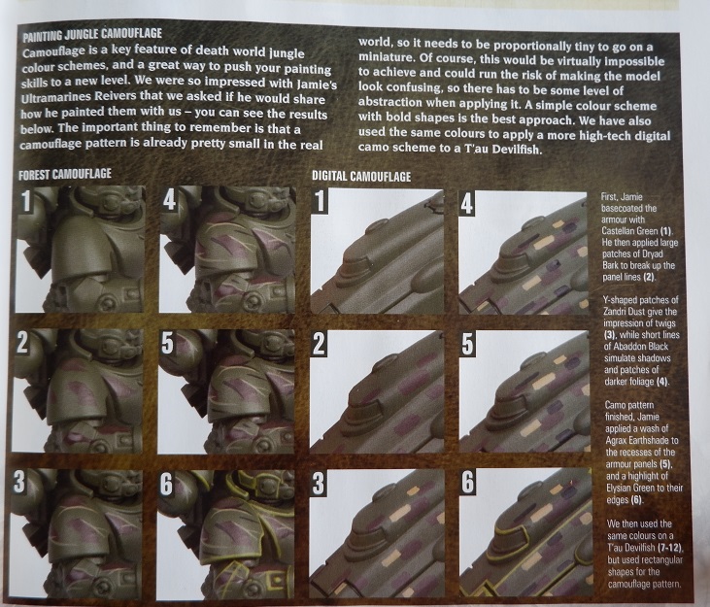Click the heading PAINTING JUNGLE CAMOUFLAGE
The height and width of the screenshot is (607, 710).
[x=92, y=34]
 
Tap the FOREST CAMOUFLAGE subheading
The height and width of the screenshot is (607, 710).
[x=65, y=174]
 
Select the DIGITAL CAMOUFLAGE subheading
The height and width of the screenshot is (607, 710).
[x=361, y=176]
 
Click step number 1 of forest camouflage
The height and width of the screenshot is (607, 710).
[x=26, y=200]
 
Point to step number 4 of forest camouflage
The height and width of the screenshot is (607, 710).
[x=169, y=200]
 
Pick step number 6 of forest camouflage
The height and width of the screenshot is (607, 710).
[x=166, y=485]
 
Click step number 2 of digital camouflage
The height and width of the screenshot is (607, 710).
[x=319, y=345]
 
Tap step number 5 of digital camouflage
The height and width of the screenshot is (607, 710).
[x=467, y=345]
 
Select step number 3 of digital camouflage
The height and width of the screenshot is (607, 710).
[x=319, y=484]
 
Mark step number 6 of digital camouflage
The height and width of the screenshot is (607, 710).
[x=468, y=483]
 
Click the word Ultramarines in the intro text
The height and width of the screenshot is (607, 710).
[x=51, y=97]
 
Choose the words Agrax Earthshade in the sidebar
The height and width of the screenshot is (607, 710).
[x=636, y=440]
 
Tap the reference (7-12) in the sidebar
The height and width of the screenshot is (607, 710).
[x=670, y=548]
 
